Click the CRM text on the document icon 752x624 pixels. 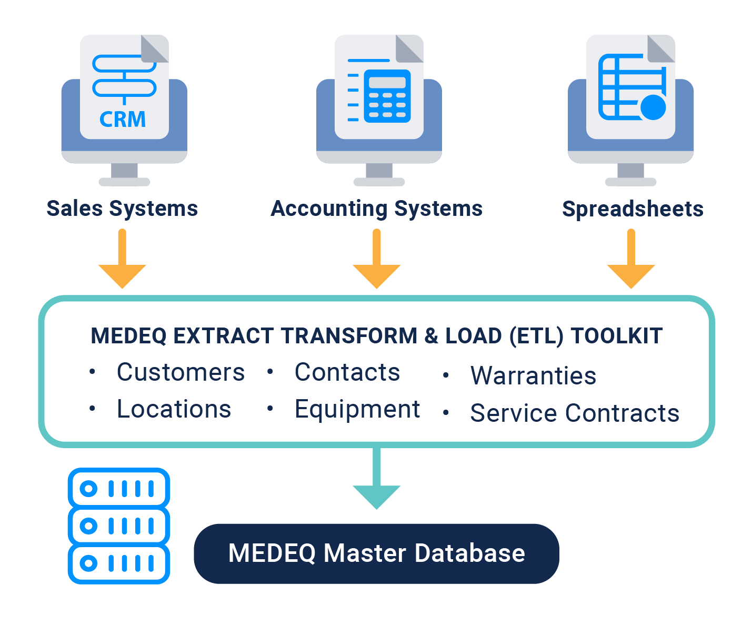[123, 120]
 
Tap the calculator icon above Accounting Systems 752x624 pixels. [387, 96]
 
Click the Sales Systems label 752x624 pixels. [122, 209]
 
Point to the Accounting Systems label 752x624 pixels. [376, 209]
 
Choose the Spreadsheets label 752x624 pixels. [633, 209]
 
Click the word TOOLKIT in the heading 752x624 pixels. [617, 336]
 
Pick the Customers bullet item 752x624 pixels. [181, 372]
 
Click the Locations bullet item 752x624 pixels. [174, 409]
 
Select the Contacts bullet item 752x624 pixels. [347, 372]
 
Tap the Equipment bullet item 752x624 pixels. [357, 410]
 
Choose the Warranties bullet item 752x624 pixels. [533, 376]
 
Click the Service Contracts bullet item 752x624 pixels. [575, 413]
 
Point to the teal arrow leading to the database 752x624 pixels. [376, 482]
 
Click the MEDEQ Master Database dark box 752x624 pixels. [376, 553]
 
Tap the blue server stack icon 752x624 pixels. [119, 526]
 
